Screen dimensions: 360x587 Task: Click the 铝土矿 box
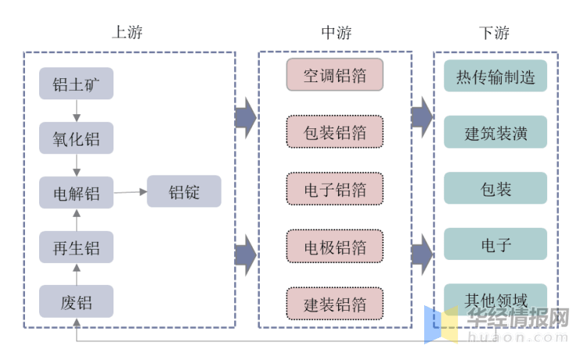(x=76, y=83)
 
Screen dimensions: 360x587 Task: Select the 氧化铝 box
(x=76, y=139)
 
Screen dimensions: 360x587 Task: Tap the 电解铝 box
(x=76, y=193)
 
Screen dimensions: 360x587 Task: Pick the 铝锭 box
(x=184, y=192)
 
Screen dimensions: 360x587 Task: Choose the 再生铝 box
(x=76, y=247)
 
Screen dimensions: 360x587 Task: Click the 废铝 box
(x=76, y=301)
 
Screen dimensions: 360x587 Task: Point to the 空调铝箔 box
(x=334, y=75)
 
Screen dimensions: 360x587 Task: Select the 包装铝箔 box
(x=334, y=131)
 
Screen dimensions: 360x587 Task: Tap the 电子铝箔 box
(x=334, y=189)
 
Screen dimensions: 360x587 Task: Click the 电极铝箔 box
(x=334, y=247)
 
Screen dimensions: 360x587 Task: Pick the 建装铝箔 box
(x=334, y=304)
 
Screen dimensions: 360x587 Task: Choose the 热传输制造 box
(x=495, y=77)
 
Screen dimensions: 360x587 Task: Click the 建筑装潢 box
(x=495, y=132)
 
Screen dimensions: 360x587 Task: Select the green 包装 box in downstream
(x=495, y=189)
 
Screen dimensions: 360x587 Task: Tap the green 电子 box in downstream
(x=495, y=245)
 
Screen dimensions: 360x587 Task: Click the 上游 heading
(x=128, y=32)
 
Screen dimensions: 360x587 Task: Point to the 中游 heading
(x=337, y=32)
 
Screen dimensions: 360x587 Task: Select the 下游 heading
(x=495, y=32)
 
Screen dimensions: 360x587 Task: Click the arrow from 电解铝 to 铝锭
(x=130, y=192)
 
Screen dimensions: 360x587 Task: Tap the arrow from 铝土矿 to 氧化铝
(x=76, y=110)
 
